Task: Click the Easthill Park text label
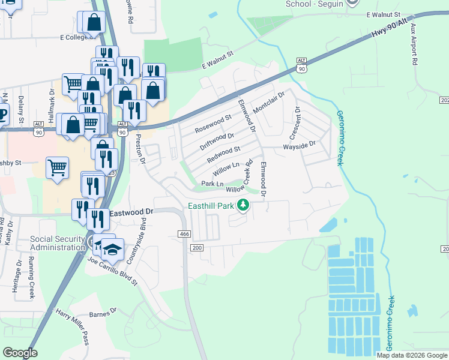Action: coord(210,206)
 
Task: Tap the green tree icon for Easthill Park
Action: coord(243,205)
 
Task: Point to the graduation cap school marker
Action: coord(112,248)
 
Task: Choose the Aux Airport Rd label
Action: coord(414,48)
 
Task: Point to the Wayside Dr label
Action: coord(299,145)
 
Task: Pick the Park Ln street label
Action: coord(212,184)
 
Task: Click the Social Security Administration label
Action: coord(58,243)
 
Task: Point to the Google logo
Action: coord(20,353)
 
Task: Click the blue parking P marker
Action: coord(3,114)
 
